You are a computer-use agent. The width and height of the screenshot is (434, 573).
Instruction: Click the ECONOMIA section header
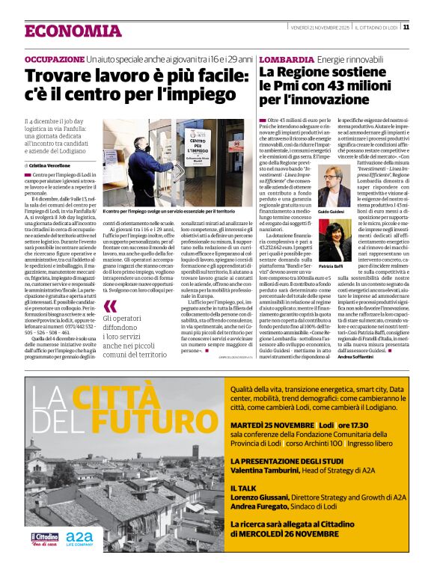[x=73, y=31]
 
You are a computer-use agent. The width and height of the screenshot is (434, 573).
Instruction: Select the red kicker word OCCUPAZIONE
[x=54, y=58]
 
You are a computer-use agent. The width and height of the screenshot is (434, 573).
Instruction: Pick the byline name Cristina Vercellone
[x=54, y=165]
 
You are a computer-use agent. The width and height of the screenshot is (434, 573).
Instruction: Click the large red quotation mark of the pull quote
[x=111, y=307]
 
